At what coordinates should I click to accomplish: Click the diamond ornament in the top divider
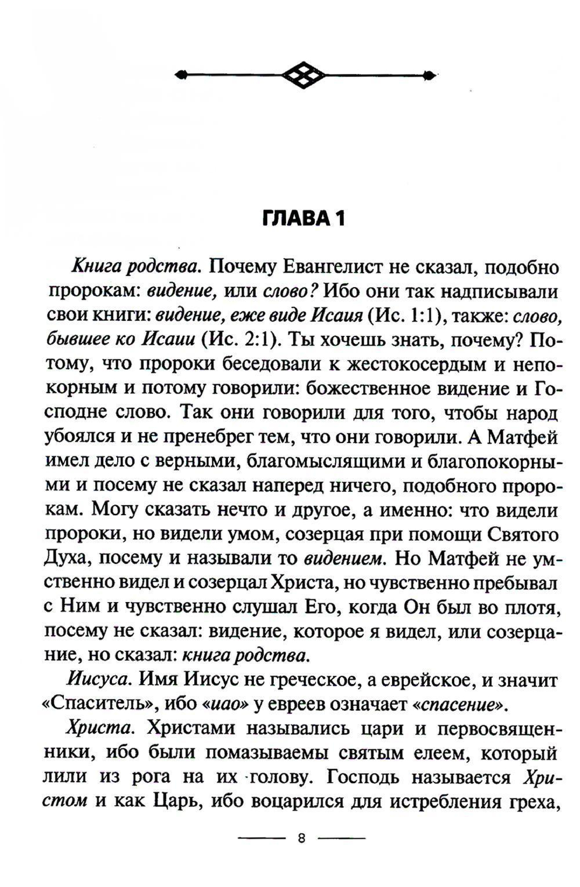tap(304, 74)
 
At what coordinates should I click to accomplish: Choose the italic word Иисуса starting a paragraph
tap(99, 680)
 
